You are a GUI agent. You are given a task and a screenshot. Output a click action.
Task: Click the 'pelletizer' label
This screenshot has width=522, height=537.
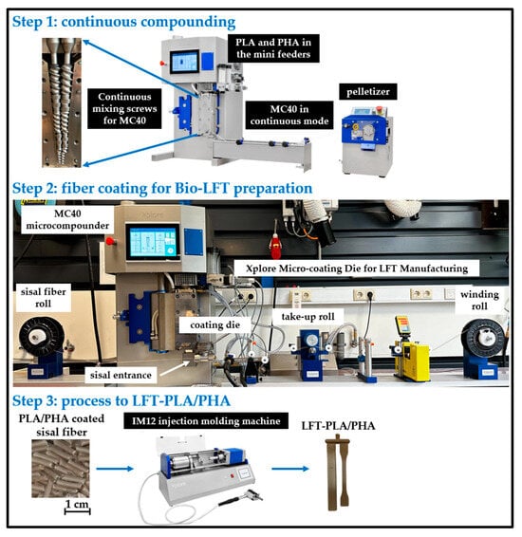368,92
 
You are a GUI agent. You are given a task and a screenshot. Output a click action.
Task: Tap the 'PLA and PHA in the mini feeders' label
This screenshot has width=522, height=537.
273,48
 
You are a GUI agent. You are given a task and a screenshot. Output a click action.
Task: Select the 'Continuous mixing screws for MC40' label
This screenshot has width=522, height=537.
124,108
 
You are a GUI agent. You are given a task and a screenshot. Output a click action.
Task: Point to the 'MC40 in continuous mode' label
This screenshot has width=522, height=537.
289,115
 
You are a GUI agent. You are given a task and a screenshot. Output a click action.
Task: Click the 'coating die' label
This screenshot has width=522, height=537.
214,324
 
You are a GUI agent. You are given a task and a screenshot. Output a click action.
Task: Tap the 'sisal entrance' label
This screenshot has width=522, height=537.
121,375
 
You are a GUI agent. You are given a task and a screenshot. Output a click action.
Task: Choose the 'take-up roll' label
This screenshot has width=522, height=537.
308,317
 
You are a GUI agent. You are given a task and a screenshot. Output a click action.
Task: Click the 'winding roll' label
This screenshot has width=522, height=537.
479,301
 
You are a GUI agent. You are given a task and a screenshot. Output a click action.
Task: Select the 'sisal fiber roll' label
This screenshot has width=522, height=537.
43,298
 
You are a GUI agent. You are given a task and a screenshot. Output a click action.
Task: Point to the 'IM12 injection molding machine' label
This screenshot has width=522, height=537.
206,421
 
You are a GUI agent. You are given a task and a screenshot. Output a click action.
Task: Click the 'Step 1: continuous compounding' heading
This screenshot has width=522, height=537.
124,22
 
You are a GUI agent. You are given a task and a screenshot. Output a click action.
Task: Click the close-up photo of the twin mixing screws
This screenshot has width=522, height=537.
62,102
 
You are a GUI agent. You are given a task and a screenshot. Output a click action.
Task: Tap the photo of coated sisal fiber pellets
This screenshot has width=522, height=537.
61,469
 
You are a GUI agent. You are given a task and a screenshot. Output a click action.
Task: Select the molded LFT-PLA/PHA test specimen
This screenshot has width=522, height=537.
337,472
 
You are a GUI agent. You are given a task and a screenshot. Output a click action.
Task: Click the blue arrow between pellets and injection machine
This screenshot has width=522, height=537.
115,469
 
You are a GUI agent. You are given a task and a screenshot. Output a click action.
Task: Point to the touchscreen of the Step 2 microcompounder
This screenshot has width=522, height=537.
153,241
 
